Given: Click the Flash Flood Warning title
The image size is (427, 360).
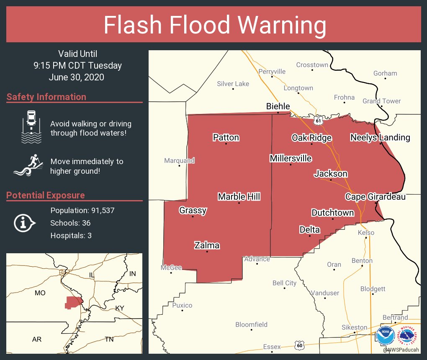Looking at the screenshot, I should click(215, 25).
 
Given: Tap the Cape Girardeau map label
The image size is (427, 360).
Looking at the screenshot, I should click(375, 196).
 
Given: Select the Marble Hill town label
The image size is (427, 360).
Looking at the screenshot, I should click(239, 196).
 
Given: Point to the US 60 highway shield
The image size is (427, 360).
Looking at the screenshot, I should click(299, 345).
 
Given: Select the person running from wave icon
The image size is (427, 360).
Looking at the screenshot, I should click(29, 166).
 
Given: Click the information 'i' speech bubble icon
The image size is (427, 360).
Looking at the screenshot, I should click(24, 223).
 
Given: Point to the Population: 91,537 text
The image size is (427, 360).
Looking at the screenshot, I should click(82, 210).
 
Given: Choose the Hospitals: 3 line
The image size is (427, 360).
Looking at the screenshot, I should click(71, 235).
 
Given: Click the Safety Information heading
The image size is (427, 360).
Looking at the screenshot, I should click(46, 97).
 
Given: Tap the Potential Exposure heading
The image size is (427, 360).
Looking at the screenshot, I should click(46, 195).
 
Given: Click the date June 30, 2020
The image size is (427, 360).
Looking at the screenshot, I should click(76, 77).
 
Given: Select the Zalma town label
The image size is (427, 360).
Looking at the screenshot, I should click(207, 245).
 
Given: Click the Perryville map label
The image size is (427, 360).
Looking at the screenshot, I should click(272, 72).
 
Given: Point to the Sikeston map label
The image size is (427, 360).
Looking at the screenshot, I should click(354, 327).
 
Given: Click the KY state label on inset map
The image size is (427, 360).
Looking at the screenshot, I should click(120, 308).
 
